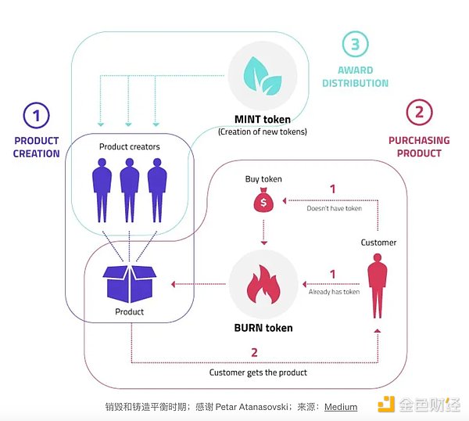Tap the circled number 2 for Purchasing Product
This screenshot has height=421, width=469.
pos(419,113)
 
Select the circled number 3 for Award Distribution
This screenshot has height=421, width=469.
pos(355,45)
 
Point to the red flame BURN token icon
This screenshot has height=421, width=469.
pos(262,282)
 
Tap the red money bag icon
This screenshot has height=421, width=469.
pos(263,203)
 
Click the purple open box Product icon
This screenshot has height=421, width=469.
pos(129,280)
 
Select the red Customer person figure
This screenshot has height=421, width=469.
pos(378,287)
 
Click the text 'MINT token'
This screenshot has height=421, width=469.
pos(262,120)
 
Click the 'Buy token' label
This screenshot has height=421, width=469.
pos(263,179)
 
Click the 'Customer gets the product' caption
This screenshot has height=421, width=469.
pos(258,372)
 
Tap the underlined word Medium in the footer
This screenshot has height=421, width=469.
pos(341,407)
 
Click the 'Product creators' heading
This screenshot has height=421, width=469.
pos(129,147)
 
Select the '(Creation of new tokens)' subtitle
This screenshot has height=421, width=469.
pos(262,131)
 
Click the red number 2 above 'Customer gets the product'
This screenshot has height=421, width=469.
pos(254,353)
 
